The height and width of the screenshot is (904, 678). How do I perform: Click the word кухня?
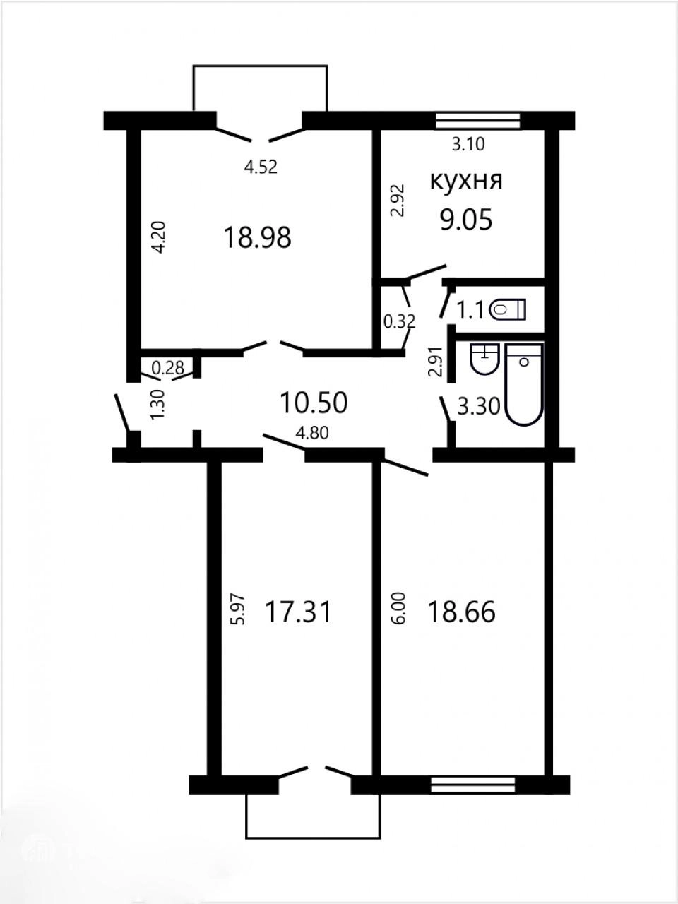(466, 182)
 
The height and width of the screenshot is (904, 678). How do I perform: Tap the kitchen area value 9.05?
(466, 220)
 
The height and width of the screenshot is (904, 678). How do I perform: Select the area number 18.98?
(257, 238)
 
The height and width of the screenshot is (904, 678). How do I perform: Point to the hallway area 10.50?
(314, 403)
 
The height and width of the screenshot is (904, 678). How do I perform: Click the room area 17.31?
(299, 612)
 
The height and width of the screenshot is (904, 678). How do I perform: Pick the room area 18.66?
(461, 612)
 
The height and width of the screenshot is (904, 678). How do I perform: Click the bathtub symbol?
(525, 385)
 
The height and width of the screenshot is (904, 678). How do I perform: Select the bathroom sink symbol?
(485, 359)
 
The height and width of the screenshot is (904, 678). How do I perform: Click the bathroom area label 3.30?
(479, 407)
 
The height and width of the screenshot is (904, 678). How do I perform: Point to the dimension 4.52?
(261, 167)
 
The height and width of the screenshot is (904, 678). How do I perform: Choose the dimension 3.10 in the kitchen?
(468, 144)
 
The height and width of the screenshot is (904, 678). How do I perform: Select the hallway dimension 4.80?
(313, 434)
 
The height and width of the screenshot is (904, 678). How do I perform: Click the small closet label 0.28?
(167, 368)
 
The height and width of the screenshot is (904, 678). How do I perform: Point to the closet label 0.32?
(399, 321)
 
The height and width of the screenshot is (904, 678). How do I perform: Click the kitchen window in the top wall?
(478, 120)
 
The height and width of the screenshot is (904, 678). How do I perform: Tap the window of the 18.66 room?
(473, 496)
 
